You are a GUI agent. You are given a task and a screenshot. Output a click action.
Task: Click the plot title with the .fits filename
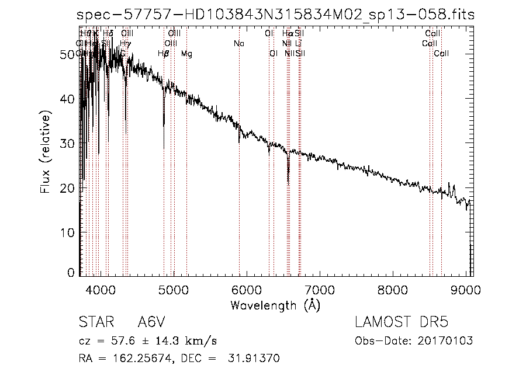click(x=276, y=15)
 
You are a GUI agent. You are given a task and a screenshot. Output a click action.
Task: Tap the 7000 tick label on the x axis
click(x=320, y=288)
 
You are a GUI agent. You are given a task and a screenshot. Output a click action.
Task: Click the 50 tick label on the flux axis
click(x=69, y=54)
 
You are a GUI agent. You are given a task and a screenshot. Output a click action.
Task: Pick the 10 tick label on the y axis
click(x=69, y=232)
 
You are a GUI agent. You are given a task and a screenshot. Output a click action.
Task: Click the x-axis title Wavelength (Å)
click(x=275, y=305)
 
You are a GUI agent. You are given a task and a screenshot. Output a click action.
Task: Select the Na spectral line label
click(x=238, y=44)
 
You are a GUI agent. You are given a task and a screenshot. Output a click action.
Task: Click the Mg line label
click(x=186, y=54)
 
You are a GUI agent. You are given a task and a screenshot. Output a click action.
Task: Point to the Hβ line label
click(x=164, y=54)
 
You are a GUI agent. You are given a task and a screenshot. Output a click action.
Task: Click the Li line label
click(x=298, y=44)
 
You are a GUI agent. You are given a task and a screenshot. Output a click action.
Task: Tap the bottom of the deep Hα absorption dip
click(x=288, y=182)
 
